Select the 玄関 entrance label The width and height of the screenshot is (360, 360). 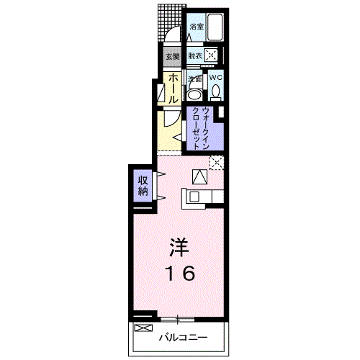click(172, 56)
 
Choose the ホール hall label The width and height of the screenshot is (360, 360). click(173, 88)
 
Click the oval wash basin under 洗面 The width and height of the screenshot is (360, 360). click(194, 94)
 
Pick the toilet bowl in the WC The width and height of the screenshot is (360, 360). click(215, 93)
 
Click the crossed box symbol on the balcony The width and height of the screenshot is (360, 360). click(143, 328)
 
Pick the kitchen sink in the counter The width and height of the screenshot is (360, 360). click(194, 196)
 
